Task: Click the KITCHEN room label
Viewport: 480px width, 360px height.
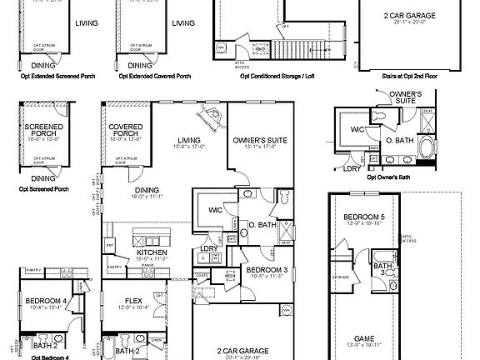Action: click(152, 252)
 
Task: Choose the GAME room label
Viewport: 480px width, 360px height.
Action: click(364, 339)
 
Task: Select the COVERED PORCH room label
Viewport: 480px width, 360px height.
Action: click(126, 132)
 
